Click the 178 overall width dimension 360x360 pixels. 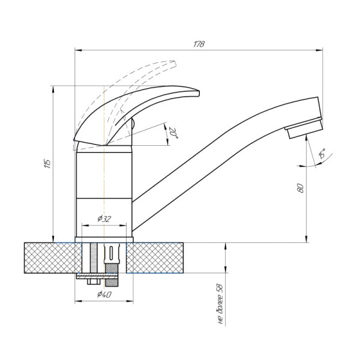[x=199, y=44]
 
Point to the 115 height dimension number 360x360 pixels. [x=47, y=163]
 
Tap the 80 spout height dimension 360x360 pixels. [x=301, y=188]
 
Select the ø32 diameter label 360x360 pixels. [x=104, y=219]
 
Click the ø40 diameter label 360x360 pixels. [x=104, y=294]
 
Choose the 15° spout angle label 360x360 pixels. [x=322, y=154]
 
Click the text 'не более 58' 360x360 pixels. [x=220, y=304]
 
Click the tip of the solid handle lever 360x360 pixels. [x=198, y=93]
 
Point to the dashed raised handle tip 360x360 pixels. [x=175, y=64]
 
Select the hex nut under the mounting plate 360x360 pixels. [x=94, y=282]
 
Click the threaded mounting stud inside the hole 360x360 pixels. [x=94, y=258]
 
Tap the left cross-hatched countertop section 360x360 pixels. [x=53, y=258]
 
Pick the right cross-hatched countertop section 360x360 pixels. [x=155, y=258]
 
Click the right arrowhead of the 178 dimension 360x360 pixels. [x=319, y=50]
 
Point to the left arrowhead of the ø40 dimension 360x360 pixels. [x=78, y=301]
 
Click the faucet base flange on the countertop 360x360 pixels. [x=104, y=239]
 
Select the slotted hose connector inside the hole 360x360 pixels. [x=112, y=253]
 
